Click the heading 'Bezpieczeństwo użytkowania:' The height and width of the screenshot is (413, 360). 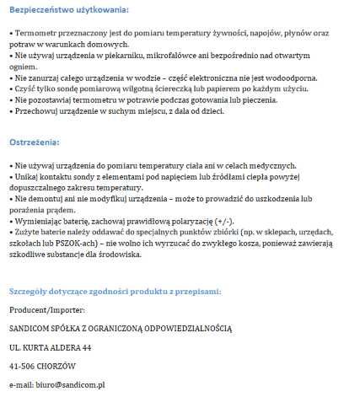(x=69, y=10)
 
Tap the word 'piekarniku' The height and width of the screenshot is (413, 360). (x=127, y=53)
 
